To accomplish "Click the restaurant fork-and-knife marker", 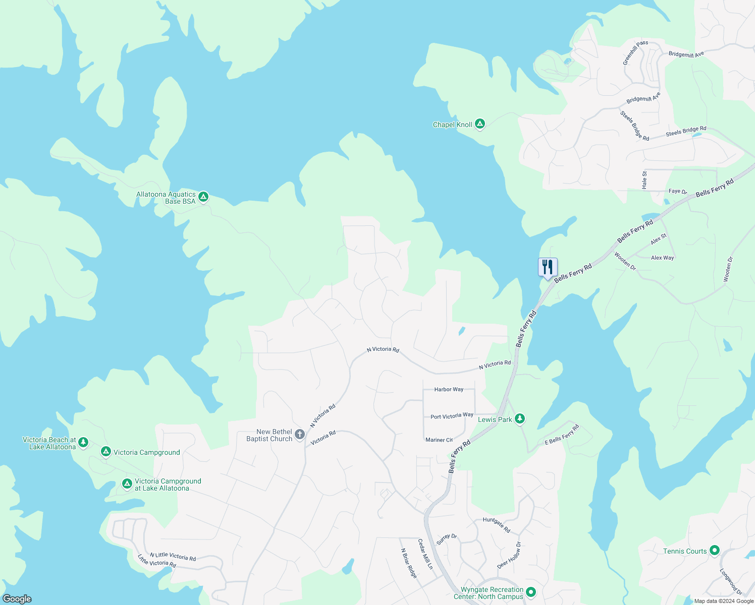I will point(548,267).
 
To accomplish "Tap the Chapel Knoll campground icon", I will point(480,124).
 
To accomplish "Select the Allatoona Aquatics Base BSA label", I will point(166,198).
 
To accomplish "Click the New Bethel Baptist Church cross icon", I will point(300,434).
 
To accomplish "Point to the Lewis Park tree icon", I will point(520,418).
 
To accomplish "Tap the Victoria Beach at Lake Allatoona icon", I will point(83,442).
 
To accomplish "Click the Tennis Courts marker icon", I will point(714,551).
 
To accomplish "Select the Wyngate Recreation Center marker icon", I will point(530,592).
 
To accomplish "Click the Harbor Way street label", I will point(449,389).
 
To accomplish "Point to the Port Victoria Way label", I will point(452,416).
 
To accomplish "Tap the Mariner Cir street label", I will point(439,440).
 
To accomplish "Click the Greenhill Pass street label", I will point(635,53).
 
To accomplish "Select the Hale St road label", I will point(644,180).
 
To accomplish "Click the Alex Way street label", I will point(662,258).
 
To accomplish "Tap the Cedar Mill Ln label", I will point(425,554).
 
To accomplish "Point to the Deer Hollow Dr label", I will point(509,555).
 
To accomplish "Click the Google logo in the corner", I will point(17,599).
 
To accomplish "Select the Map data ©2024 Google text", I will point(723,601).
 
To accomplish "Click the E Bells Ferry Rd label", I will point(562,435).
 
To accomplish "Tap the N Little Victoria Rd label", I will point(173,557).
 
